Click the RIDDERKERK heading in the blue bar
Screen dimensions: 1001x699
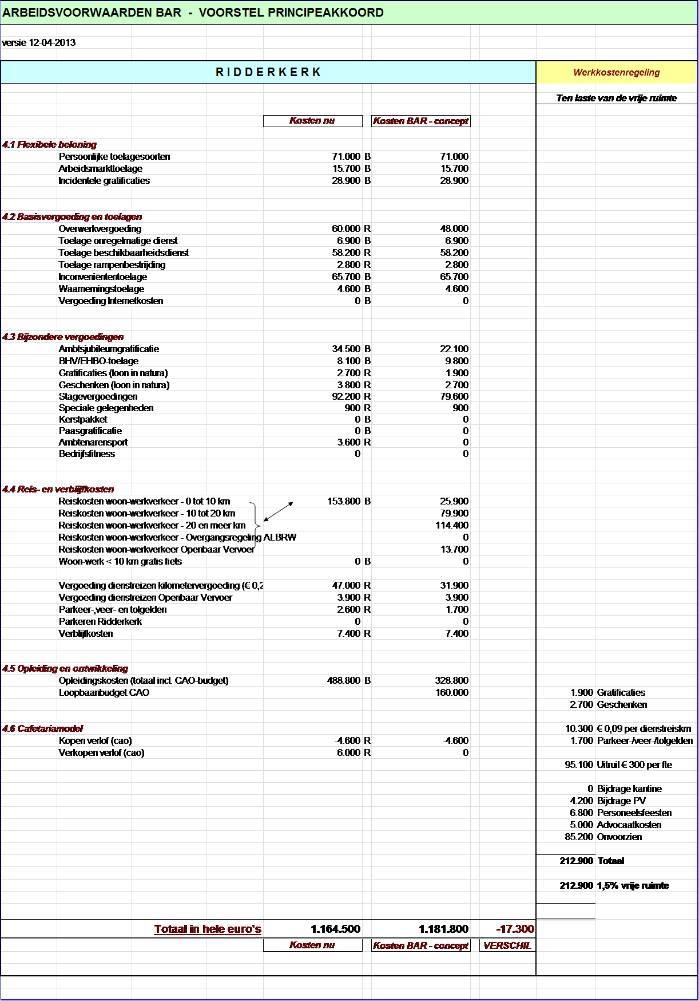(x=268, y=72)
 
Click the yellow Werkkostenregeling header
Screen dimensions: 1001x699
(x=616, y=72)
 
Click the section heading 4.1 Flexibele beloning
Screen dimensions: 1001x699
(x=49, y=144)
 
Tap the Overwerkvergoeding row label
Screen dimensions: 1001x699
(x=100, y=228)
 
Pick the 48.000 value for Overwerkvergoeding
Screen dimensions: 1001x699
(x=454, y=228)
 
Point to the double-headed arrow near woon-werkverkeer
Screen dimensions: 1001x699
(x=279, y=511)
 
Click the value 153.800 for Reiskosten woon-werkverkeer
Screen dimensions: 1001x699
(x=344, y=501)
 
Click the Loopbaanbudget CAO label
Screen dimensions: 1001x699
(x=104, y=692)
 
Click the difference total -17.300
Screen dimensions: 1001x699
(x=515, y=929)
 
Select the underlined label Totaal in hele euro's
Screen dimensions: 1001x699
(x=208, y=929)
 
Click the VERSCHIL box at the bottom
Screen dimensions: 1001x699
(x=507, y=945)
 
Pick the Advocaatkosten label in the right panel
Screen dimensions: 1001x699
(x=629, y=825)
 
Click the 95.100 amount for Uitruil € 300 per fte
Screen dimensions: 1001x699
(x=578, y=764)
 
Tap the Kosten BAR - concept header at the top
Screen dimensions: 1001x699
(x=420, y=121)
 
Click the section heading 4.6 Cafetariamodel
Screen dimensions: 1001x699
(x=42, y=728)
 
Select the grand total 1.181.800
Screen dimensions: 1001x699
(x=443, y=929)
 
